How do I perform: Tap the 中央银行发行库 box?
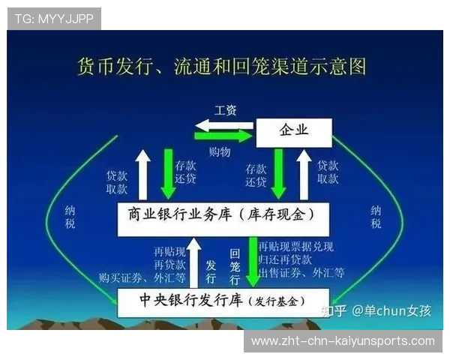[x=223, y=301]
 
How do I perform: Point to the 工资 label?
[x=225, y=110]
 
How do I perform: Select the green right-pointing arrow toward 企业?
[x=223, y=136]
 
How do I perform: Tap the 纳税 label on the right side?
[x=376, y=217]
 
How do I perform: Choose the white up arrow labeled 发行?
[x=194, y=261]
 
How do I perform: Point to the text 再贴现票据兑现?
[x=295, y=247]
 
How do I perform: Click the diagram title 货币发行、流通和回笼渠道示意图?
[x=222, y=66]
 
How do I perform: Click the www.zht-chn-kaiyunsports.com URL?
[x=343, y=341]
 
